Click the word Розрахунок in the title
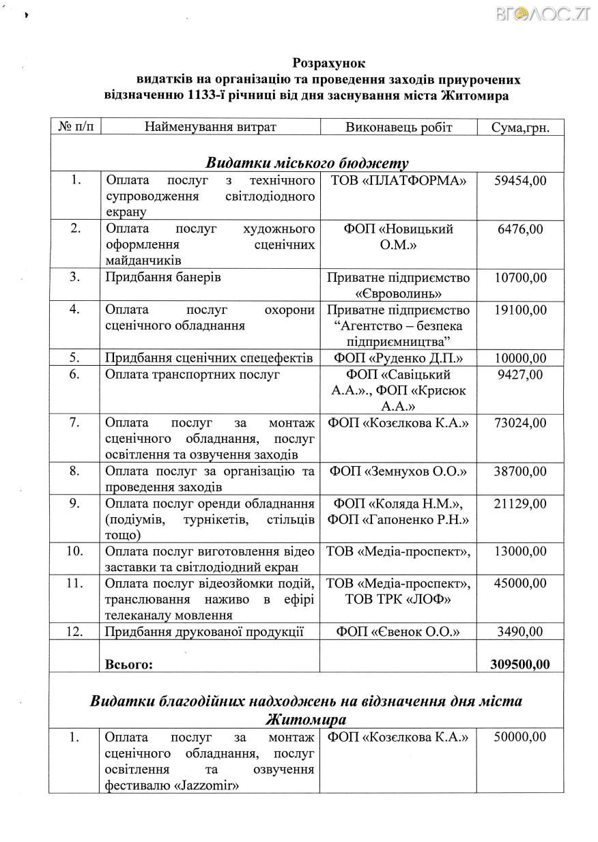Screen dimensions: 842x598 (x=329, y=63)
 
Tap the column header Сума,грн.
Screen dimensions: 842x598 (x=520, y=127)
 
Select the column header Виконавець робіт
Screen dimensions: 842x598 (x=399, y=127)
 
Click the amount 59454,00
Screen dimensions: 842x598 (x=520, y=180)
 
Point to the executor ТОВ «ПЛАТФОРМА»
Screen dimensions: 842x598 (x=399, y=180)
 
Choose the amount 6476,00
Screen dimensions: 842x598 (x=520, y=229)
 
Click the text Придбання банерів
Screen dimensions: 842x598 (x=163, y=278)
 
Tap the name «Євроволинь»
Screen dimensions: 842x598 (x=399, y=293)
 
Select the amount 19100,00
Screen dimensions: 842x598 (x=520, y=310)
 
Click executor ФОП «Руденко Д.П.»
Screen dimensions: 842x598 (x=399, y=358)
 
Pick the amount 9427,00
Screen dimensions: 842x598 (x=520, y=374)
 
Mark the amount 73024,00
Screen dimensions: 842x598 (x=520, y=423)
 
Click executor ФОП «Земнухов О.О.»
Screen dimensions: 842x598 (x=399, y=471)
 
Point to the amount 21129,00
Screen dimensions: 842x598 (x=520, y=504)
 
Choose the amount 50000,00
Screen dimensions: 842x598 (x=520, y=737)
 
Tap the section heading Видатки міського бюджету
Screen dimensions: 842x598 (x=307, y=162)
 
